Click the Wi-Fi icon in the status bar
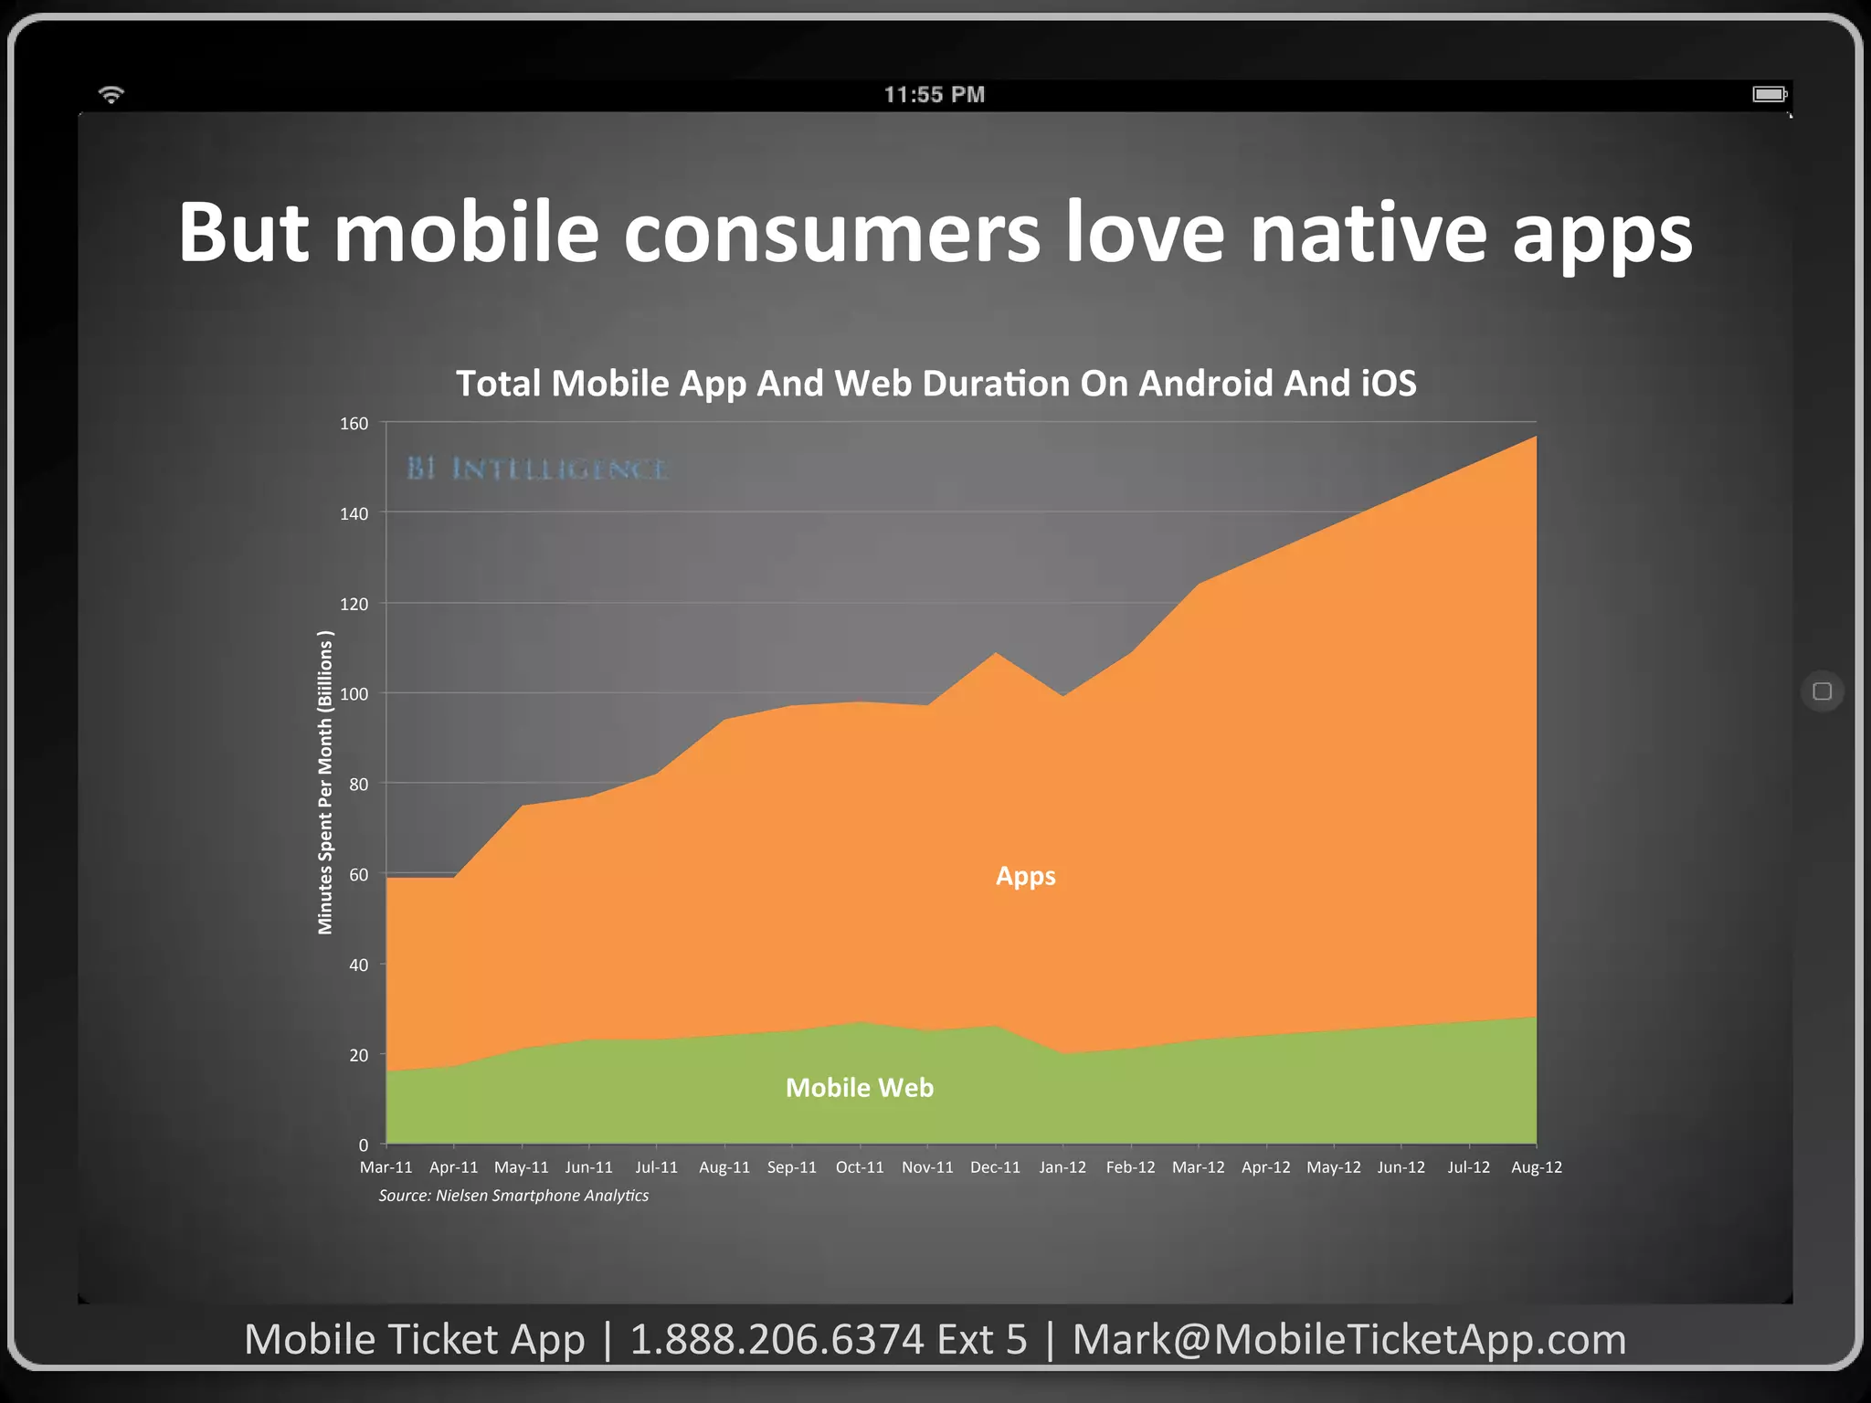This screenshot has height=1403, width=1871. click(111, 94)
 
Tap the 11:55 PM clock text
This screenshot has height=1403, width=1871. click(935, 95)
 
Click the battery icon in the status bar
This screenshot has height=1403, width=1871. click(1770, 94)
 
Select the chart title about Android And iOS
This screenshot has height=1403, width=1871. click(935, 384)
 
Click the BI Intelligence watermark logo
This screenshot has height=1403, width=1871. click(537, 469)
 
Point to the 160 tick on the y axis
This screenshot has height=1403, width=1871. click(354, 424)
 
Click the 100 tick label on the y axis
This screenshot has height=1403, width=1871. click(354, 694)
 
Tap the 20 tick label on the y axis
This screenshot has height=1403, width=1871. click(358, 1055)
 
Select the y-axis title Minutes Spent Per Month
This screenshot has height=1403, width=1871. click(325, 783)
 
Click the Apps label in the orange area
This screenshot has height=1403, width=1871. click(1025, 876)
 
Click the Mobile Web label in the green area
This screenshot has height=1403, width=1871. click(859, 1088)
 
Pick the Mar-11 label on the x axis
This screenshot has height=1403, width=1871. click(386, 1167)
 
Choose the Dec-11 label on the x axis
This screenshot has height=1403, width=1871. click(995, 1167)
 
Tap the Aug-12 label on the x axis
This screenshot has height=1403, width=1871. click(1536, 1167)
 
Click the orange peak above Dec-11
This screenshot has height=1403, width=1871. click(996, 656)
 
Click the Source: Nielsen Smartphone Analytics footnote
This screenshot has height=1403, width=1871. click(513, 1196)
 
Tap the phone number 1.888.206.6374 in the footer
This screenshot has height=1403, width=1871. click(777, 1340)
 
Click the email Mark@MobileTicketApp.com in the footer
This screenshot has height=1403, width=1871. click(1348, 1340)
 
